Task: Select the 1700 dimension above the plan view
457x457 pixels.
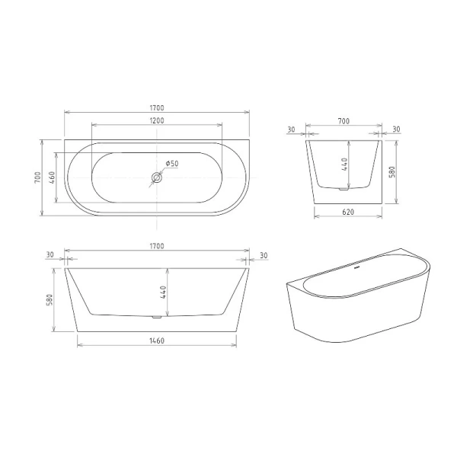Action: tap(156, 108)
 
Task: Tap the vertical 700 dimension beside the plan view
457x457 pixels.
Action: tap(37, 177)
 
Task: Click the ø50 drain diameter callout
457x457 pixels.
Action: tap(171, 164)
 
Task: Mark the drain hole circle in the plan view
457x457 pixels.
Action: tap(156, 177)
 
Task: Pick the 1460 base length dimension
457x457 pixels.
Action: tap(156, 340)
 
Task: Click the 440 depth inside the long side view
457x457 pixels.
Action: tap(163, 291)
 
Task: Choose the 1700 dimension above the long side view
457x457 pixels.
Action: tap(156, 246)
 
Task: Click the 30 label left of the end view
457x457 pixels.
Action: tap(292, 129)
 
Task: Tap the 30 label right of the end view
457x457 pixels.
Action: tap(395, 129)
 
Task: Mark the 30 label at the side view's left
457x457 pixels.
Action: tap(50, 254)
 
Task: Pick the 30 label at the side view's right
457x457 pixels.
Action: tap(263, 254)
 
